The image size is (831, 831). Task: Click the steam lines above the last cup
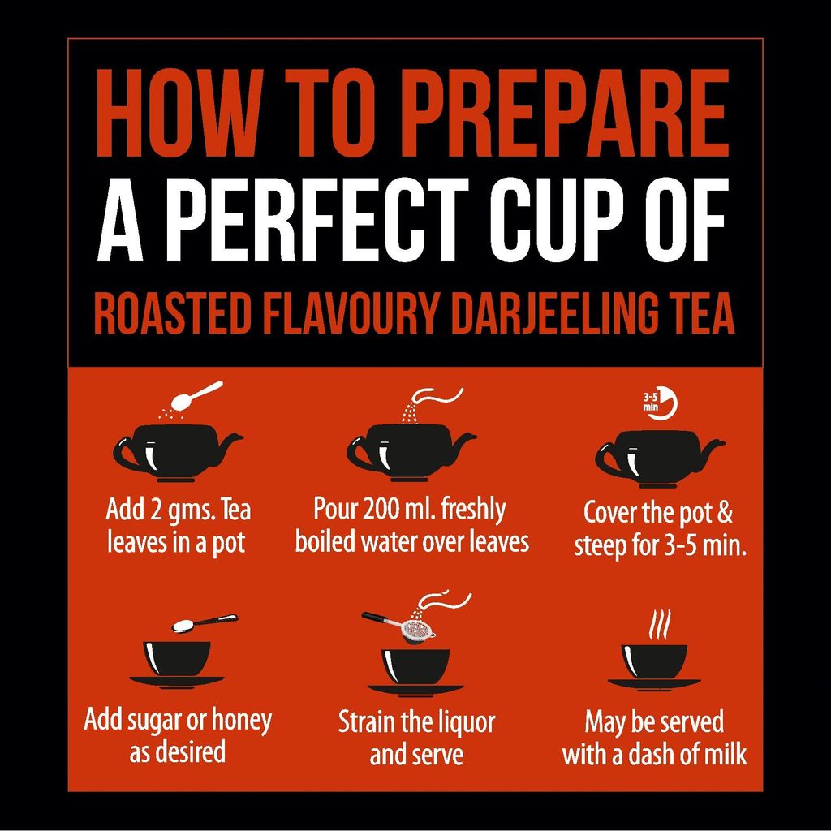click(x=659, y=625)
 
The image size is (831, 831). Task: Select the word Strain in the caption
click(x=366, y=721)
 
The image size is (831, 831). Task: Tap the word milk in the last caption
click(x=724, y=755)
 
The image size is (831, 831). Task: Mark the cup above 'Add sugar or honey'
click(x=177, y=661)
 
